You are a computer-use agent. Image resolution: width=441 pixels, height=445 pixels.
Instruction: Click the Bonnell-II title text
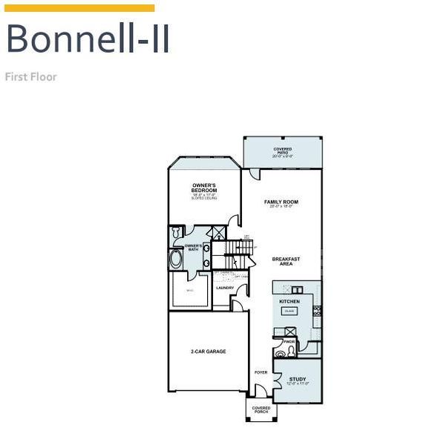pyautogui.click(x=88, y=39)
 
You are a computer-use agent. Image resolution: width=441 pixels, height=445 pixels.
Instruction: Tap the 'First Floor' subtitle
pyautogui.click(x=30, y=76)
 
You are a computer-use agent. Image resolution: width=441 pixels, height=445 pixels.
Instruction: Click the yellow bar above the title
pyautogui.click(x=79, y=8)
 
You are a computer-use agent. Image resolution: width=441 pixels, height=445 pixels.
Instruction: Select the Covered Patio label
pyautogui.click(x=282, y=152)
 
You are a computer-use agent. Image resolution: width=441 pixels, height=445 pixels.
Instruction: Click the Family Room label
pyautogui.click(x=281, y=202)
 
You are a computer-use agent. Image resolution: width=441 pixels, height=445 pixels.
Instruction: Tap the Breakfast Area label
pyautogui.click(x=286, y=261)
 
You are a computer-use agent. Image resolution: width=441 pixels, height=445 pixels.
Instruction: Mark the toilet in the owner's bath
pyautogui.click(x=176, y=233)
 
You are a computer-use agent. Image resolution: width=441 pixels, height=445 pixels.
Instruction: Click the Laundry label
pyautogui.click(x=225, y=288)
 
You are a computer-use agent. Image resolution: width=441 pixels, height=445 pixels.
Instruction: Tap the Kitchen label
pyautogui.click(x=289, y=302)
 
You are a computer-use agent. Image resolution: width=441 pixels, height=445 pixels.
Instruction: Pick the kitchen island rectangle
pyautogui.click(x=290, y=311)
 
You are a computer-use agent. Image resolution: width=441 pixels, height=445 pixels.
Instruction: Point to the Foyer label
pyautogui.click(x=261, y=372)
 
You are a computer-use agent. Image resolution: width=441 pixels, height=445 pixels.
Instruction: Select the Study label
pyautogui.click(x=297, y=380)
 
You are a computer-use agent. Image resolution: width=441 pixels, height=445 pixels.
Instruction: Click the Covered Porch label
pyautogui.click(x=261, y=409)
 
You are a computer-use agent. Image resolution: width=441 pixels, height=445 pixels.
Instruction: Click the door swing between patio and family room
pyautogui.click(x=255, y=174)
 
